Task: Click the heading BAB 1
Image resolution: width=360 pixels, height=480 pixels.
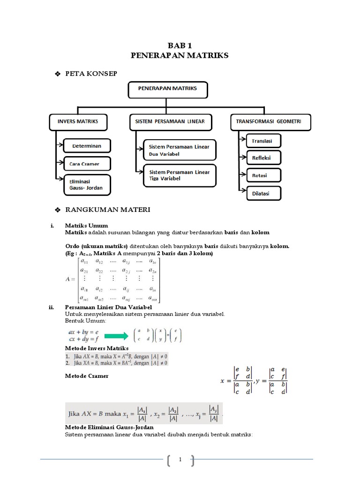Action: [x=180, y=45]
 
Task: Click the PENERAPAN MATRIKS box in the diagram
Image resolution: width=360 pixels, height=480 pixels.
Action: [x=167, y=89]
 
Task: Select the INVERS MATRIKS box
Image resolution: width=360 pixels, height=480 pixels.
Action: [x=78, y=121]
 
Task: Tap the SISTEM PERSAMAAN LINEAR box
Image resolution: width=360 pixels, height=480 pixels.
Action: [x=170, y=121]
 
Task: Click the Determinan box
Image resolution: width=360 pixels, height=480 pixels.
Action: [x=86, y=146]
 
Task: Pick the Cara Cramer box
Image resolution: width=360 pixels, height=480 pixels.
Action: [x=88, y=164]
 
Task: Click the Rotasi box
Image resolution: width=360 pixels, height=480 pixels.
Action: [x=259, y=175]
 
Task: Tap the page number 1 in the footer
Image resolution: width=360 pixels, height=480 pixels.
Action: [x=180, y=461]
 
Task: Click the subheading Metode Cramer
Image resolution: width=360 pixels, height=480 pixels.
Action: [x=86, y=375]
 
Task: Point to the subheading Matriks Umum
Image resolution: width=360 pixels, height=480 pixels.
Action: [x=86, y=225]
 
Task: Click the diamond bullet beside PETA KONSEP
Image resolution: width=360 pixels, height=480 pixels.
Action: [x=58, y=74]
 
